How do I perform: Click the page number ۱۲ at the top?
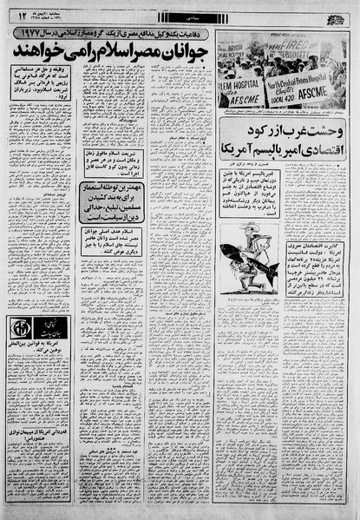click(21, 12)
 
